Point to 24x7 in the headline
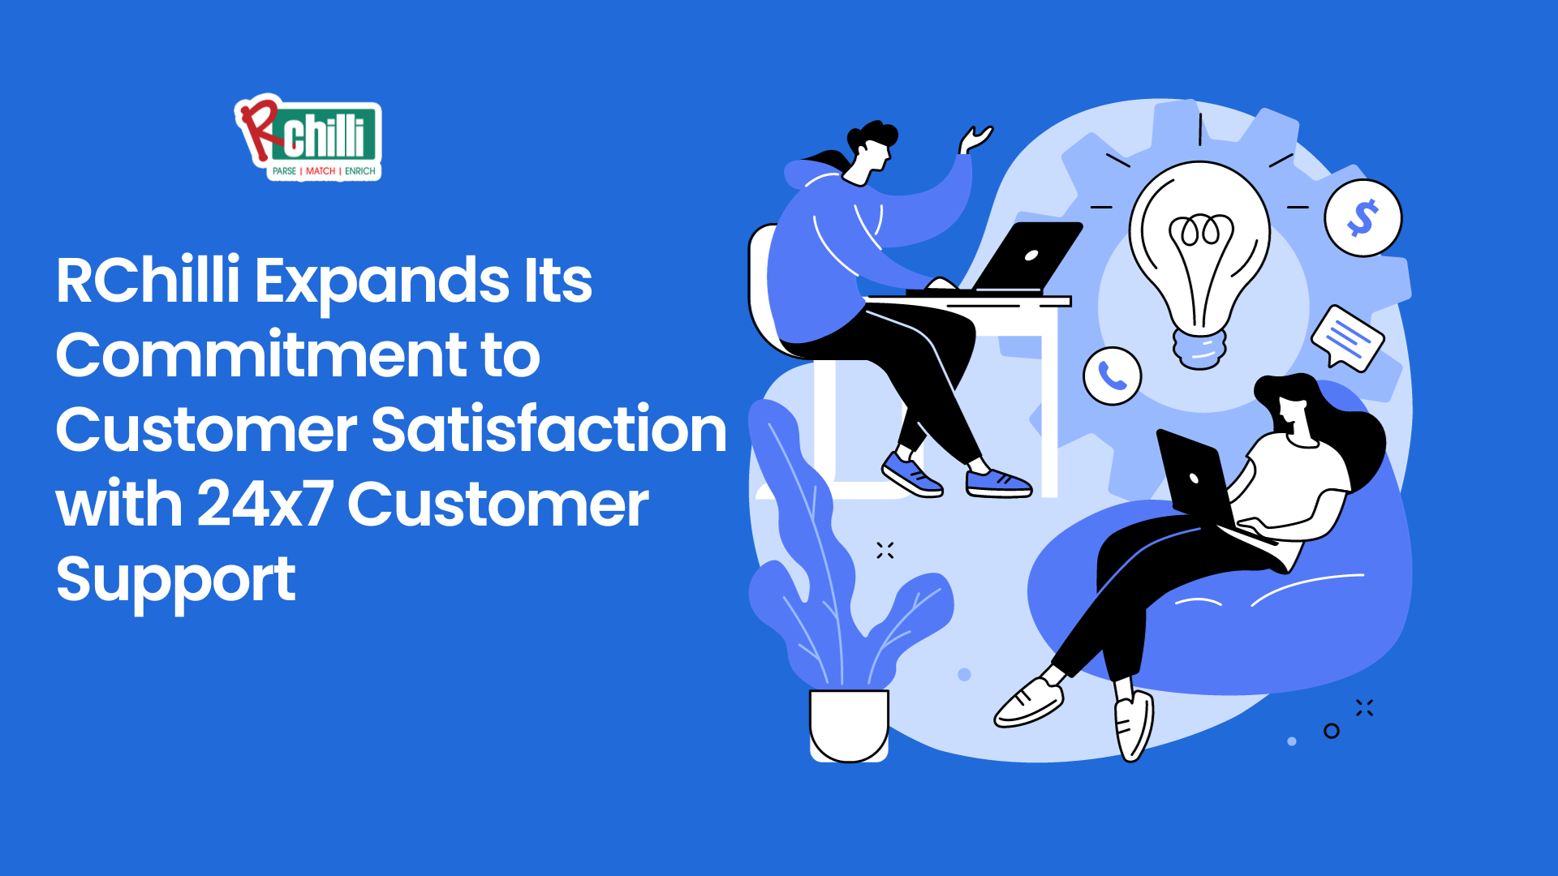tap(265, 504)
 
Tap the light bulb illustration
tap(1199, 264)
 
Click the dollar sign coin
tap(1363, 218)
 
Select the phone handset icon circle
tap(1113, 376)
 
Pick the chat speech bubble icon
tap(1347, 338)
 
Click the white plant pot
tap(849, 725)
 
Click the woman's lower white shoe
tap(1134, 725)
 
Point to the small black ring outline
tap(1332, 731)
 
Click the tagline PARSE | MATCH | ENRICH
tap(324, 171)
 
